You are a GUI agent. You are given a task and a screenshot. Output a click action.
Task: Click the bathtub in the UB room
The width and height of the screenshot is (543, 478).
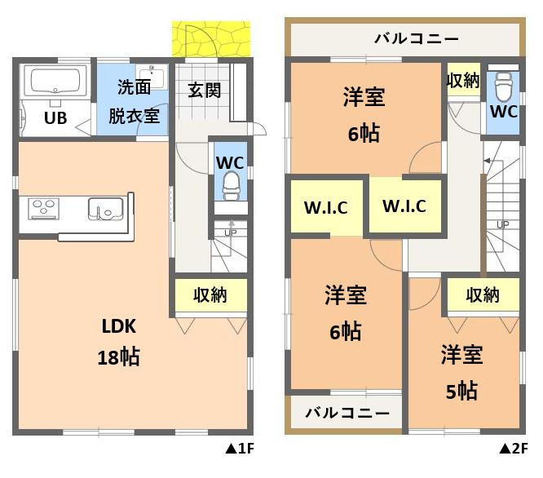coord(55,82)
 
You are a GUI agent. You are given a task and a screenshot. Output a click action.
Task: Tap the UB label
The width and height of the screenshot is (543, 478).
coord(55,117)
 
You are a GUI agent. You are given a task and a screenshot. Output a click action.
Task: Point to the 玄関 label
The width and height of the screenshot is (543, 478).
coord(204,90)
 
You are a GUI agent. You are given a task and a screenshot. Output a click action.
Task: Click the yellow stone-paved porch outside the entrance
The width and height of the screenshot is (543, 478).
coord(211,38)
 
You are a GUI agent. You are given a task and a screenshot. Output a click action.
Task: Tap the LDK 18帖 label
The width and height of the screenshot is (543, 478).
coord(118,341)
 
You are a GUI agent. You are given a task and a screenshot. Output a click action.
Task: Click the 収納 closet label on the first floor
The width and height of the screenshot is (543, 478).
coord(210,294)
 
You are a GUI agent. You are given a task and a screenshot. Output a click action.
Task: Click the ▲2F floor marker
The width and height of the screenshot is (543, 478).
coord(514,449)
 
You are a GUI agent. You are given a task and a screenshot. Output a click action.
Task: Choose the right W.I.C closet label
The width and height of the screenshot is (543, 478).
coord(404,206)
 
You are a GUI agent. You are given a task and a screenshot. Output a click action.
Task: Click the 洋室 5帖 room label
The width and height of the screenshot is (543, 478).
coord(462,372)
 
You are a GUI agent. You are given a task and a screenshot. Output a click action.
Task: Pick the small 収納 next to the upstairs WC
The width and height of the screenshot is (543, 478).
coord(463,80)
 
